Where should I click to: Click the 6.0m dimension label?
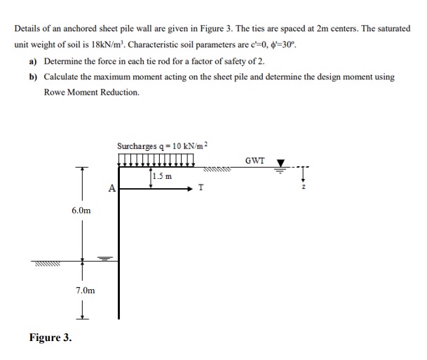coord(81,210)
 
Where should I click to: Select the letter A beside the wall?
coord(111,188)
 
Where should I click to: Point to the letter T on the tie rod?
coord(201,189)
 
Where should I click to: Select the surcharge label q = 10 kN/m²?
coord(163,146)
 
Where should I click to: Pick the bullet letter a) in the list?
coord(34,61)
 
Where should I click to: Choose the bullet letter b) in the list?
coord(34,76)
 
